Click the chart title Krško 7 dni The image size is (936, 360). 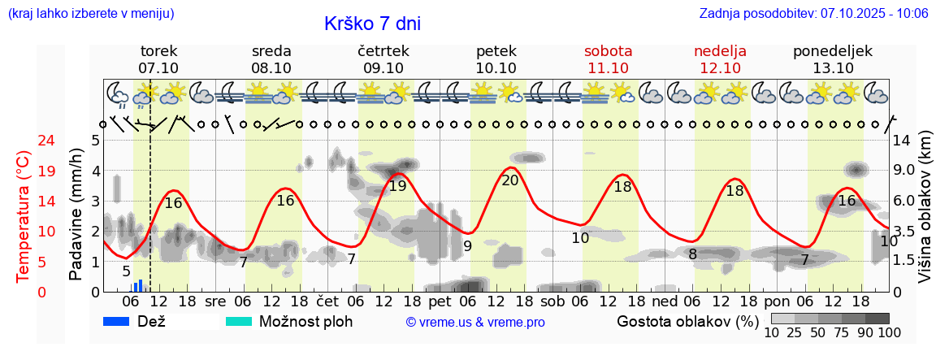point(372,24)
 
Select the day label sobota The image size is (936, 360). point(608,51)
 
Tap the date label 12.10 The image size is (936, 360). point(720,68)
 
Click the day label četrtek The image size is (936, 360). point(383,51)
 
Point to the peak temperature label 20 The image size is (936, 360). point(510,180)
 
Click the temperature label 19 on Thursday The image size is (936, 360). point(397,186)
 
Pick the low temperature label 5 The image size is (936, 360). point(126,271)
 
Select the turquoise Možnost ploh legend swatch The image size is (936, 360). point(238,321)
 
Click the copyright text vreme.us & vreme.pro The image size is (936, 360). point(475,323)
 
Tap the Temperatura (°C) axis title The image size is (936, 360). point(24,215)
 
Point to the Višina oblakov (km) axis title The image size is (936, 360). point(925,210)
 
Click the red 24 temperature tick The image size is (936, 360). point(24,141)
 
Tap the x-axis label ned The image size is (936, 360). point(664,301)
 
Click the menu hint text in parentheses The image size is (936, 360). point(91,14)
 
